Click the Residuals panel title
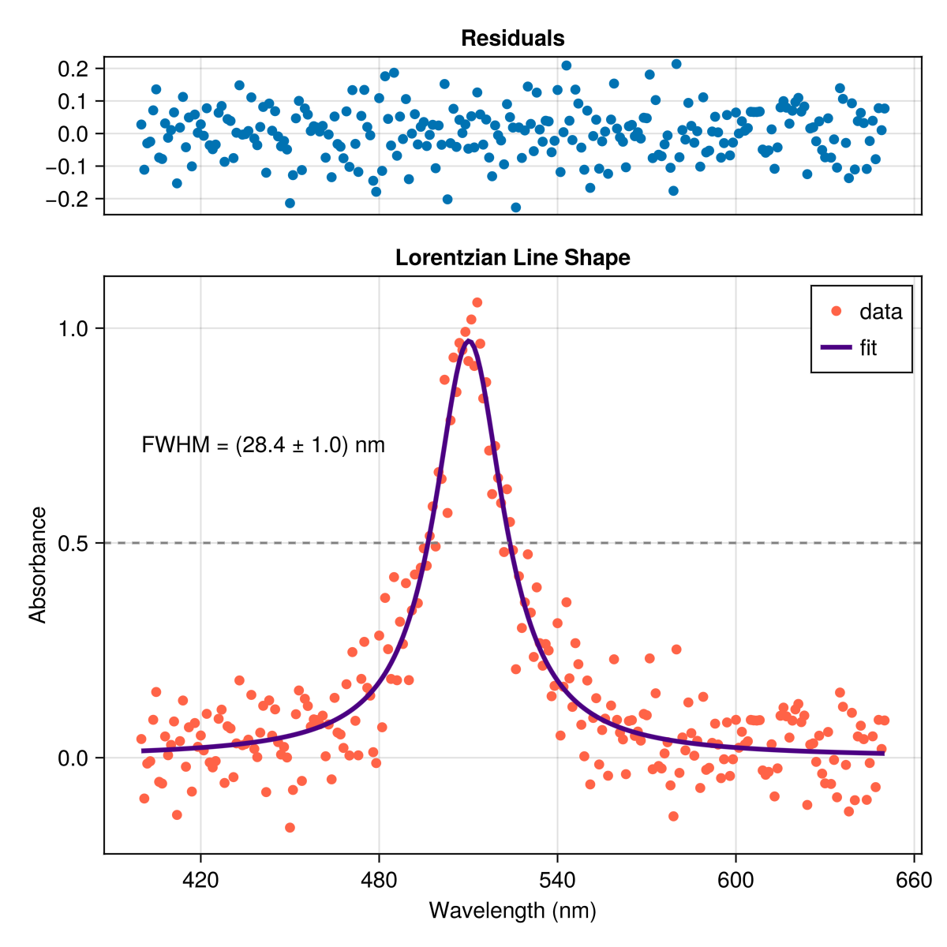tap(513, 39)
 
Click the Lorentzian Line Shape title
tap(513, 257)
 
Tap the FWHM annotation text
tap(263, 445)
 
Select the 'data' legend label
tap(881, 312)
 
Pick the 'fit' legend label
tap(868, 347)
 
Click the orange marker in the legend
tap(836, 311)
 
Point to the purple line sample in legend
tap(836, 347)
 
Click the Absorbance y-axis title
tap(37, 565)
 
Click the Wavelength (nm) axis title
tap(513, 911)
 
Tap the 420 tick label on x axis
tap(200, 880)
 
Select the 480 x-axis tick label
tap(379, 880)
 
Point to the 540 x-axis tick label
tap(557, 880)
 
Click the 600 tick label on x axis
tap(736, 880)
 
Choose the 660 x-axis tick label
tap(914, 880)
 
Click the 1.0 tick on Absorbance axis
tap(73, 329)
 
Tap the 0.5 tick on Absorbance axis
tap(73, 543)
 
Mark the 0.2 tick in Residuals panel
tap(73, 69)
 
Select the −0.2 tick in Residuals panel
tap(67, 199)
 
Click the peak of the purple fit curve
tap(468, 341)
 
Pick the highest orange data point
tap(477, 302)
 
